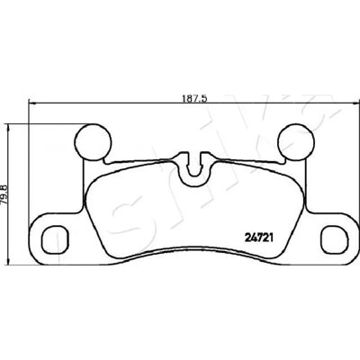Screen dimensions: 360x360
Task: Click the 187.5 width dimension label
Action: pos(195,98)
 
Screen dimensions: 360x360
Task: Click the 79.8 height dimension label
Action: pos(5,194)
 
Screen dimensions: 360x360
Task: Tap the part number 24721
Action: pos(258,238)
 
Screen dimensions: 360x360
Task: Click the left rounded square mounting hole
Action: pos(54,239)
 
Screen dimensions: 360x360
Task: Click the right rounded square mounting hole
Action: pos(333,239)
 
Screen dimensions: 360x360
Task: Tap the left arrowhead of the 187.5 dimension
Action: pos(31,103)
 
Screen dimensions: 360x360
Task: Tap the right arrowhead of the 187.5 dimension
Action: pos(355,103)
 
